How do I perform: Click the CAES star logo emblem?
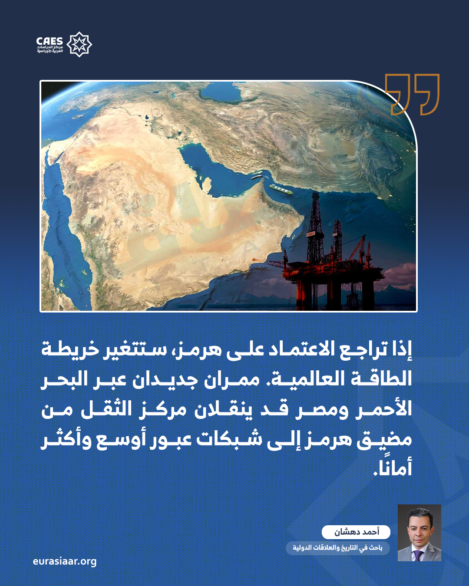pyautogui.click(x=79, y=44)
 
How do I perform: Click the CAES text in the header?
pyautogui.click(x=50, y=41)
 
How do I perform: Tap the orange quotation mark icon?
pyautogui.click(x=412, y=94)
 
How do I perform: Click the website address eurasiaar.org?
pyautogui.click(x=65, y=561)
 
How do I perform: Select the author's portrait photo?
pyautogui.click(x=419, y=533)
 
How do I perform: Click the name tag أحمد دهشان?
pyautogui.click(x=356, y=532)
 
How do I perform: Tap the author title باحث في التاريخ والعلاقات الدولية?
pyautogui.click(x=337, y=548)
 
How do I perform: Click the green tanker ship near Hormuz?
pyautogui.click(x=281, y=189)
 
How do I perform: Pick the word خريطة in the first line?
pyautogui.click(x=70, y=350)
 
